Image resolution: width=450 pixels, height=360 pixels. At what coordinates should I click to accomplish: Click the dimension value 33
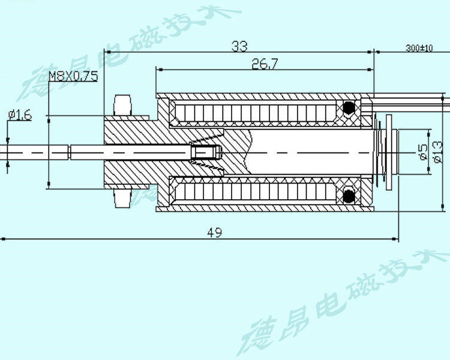coord(239,46)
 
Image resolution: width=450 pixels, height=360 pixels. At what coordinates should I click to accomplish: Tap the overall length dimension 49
coord(214,232)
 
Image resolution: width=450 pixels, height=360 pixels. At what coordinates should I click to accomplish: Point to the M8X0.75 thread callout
coord(73,76)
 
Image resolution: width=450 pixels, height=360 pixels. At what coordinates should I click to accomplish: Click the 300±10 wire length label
coord(419,48)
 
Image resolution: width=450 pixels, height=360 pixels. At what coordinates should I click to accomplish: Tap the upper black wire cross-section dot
coord(348,108)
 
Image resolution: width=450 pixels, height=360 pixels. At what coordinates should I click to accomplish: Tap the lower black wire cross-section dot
coord(348,195)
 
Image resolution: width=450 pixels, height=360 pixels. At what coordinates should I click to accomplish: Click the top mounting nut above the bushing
coord(123,104)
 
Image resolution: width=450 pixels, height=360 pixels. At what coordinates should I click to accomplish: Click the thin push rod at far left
coord(36,152)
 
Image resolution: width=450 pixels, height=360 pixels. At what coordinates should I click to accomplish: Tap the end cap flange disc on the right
coord(391,152)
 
